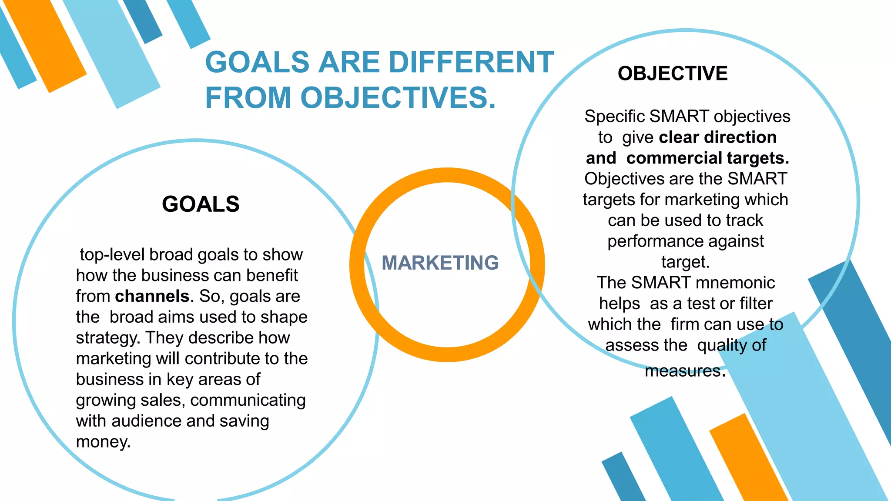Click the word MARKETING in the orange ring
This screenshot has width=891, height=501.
pyautogui.click(x=440, y=263)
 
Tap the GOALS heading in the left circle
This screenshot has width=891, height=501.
pyautogui.click(x=201, y=204)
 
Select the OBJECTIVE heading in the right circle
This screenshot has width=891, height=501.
pyautogui.click(x=673, y=73)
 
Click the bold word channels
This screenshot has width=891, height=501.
pyautogui.click(x=152, y=296)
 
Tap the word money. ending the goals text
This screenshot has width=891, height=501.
pyautogui.click(x=103, y=442)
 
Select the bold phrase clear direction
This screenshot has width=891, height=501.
pyautogui.click(x=718, y=137)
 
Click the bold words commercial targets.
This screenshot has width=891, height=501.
pyautogui.click(x=707, y=158)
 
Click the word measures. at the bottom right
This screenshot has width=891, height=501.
pyautogui.click(x=685, y=371)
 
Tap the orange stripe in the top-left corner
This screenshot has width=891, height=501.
pyautogui.click(x=46, y=46)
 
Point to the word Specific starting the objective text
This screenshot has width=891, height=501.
pyautogui.click(x=614, y=117)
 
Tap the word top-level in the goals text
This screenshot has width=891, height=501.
pyautogui.click(x=112, y=255)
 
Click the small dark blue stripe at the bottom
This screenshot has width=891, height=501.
pyautogui.click(x=623, y=478)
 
